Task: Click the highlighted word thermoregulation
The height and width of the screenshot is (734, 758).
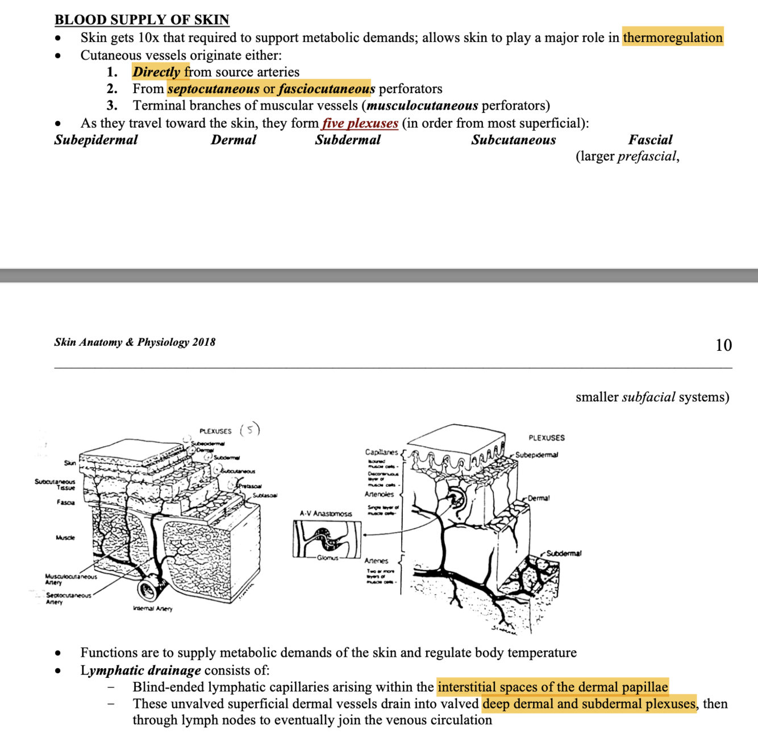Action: point(673,37)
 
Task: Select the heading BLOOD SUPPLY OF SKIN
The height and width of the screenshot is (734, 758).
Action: point(141,19)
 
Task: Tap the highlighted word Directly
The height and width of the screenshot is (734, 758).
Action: point(157,72)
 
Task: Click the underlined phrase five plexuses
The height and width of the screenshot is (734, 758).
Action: point(360,123)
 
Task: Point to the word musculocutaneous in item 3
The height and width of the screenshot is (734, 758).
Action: point(423,106)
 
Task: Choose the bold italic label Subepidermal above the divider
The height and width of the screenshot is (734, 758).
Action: point(96,140)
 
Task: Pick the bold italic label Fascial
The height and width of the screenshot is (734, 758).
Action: point(650,140)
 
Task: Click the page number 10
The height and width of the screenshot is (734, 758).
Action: point(723,345)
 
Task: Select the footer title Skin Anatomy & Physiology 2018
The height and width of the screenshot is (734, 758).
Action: point(135,342)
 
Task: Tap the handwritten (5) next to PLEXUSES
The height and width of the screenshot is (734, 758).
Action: point(250,429)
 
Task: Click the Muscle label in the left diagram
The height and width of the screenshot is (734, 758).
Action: point(65,537)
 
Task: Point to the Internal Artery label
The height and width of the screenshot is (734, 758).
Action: point(152,609)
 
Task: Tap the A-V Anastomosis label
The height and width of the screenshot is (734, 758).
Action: point(326,514)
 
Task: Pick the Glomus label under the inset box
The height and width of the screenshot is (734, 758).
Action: point(327,558)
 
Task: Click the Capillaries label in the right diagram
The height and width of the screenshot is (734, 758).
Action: point(381,452)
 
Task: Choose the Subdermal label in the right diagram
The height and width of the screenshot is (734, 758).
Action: point(564,553)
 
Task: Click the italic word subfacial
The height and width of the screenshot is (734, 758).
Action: point(648,397)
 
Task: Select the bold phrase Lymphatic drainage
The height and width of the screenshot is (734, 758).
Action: point(140,670)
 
